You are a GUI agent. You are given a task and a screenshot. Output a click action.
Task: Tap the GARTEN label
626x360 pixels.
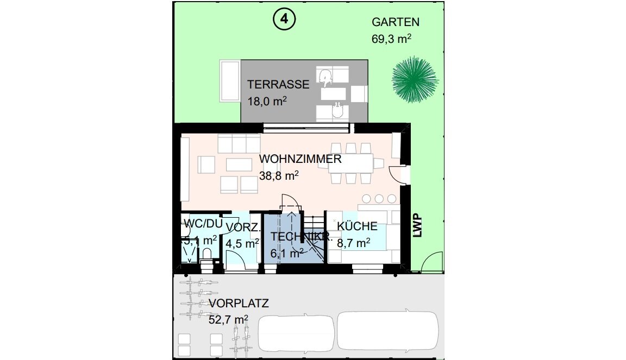coord(395,22)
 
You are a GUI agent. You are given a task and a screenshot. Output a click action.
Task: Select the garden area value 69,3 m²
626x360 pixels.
coord(391,39)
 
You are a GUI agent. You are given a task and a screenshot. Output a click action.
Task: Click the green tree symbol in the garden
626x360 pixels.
coord(415,79)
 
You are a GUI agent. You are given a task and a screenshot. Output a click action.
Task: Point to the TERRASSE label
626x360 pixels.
coord(278,85)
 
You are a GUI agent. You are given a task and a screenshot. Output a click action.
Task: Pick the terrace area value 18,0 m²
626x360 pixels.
coord(267,101)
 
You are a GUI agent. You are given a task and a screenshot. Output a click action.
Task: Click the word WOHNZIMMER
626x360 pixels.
coord(300,159)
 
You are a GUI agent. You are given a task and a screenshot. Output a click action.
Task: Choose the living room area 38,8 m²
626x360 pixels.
coord(279,175)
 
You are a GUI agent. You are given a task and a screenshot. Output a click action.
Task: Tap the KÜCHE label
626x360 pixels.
coord(357,226)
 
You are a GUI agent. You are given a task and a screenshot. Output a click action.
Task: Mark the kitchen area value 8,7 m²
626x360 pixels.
coord(353,243)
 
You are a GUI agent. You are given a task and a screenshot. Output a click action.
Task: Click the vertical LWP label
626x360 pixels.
coord(417,226)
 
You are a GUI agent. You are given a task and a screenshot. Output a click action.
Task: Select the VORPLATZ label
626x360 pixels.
coord(239,304)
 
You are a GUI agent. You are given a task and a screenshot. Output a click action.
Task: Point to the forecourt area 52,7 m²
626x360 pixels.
coord(228,320)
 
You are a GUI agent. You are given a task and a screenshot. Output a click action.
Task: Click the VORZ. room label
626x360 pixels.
coord(243,227)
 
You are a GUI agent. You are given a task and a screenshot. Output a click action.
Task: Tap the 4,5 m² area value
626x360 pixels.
coord(242,243)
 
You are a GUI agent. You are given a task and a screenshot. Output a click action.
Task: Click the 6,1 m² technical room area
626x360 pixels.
coord(287,253)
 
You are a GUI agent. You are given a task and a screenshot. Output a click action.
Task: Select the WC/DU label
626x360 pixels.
coord(203,224)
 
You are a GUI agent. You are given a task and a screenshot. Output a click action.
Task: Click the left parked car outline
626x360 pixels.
coord(296,333)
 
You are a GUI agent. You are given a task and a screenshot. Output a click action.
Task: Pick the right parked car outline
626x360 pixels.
coord(388,330)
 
